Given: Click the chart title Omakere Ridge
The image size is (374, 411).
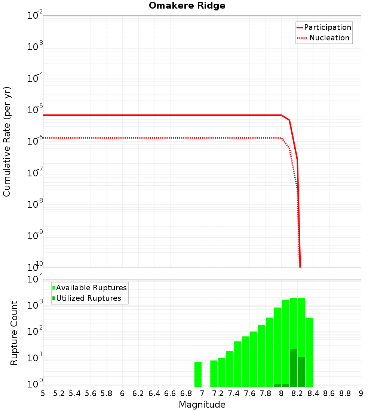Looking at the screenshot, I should tap(187, 6).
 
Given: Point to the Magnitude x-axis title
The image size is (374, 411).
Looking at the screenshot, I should tap(202, 405).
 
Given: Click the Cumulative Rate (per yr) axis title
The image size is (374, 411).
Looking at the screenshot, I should tap(7, 142).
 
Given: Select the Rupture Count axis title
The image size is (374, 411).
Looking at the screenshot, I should tap(14, 333).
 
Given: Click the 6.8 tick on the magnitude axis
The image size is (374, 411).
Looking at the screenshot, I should tap(186, 393).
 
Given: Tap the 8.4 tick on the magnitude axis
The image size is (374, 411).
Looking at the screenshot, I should tap(313, 393).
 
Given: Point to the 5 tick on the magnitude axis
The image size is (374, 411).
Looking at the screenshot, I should tap(43, 393).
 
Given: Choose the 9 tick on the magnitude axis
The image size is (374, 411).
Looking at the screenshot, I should tap(361, 393).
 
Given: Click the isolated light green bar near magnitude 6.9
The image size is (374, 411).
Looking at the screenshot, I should tap(198, 374).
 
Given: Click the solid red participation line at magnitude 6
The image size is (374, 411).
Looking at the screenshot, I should tap(122, 115).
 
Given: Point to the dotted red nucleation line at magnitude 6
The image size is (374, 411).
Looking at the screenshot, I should tap(122, 138).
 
